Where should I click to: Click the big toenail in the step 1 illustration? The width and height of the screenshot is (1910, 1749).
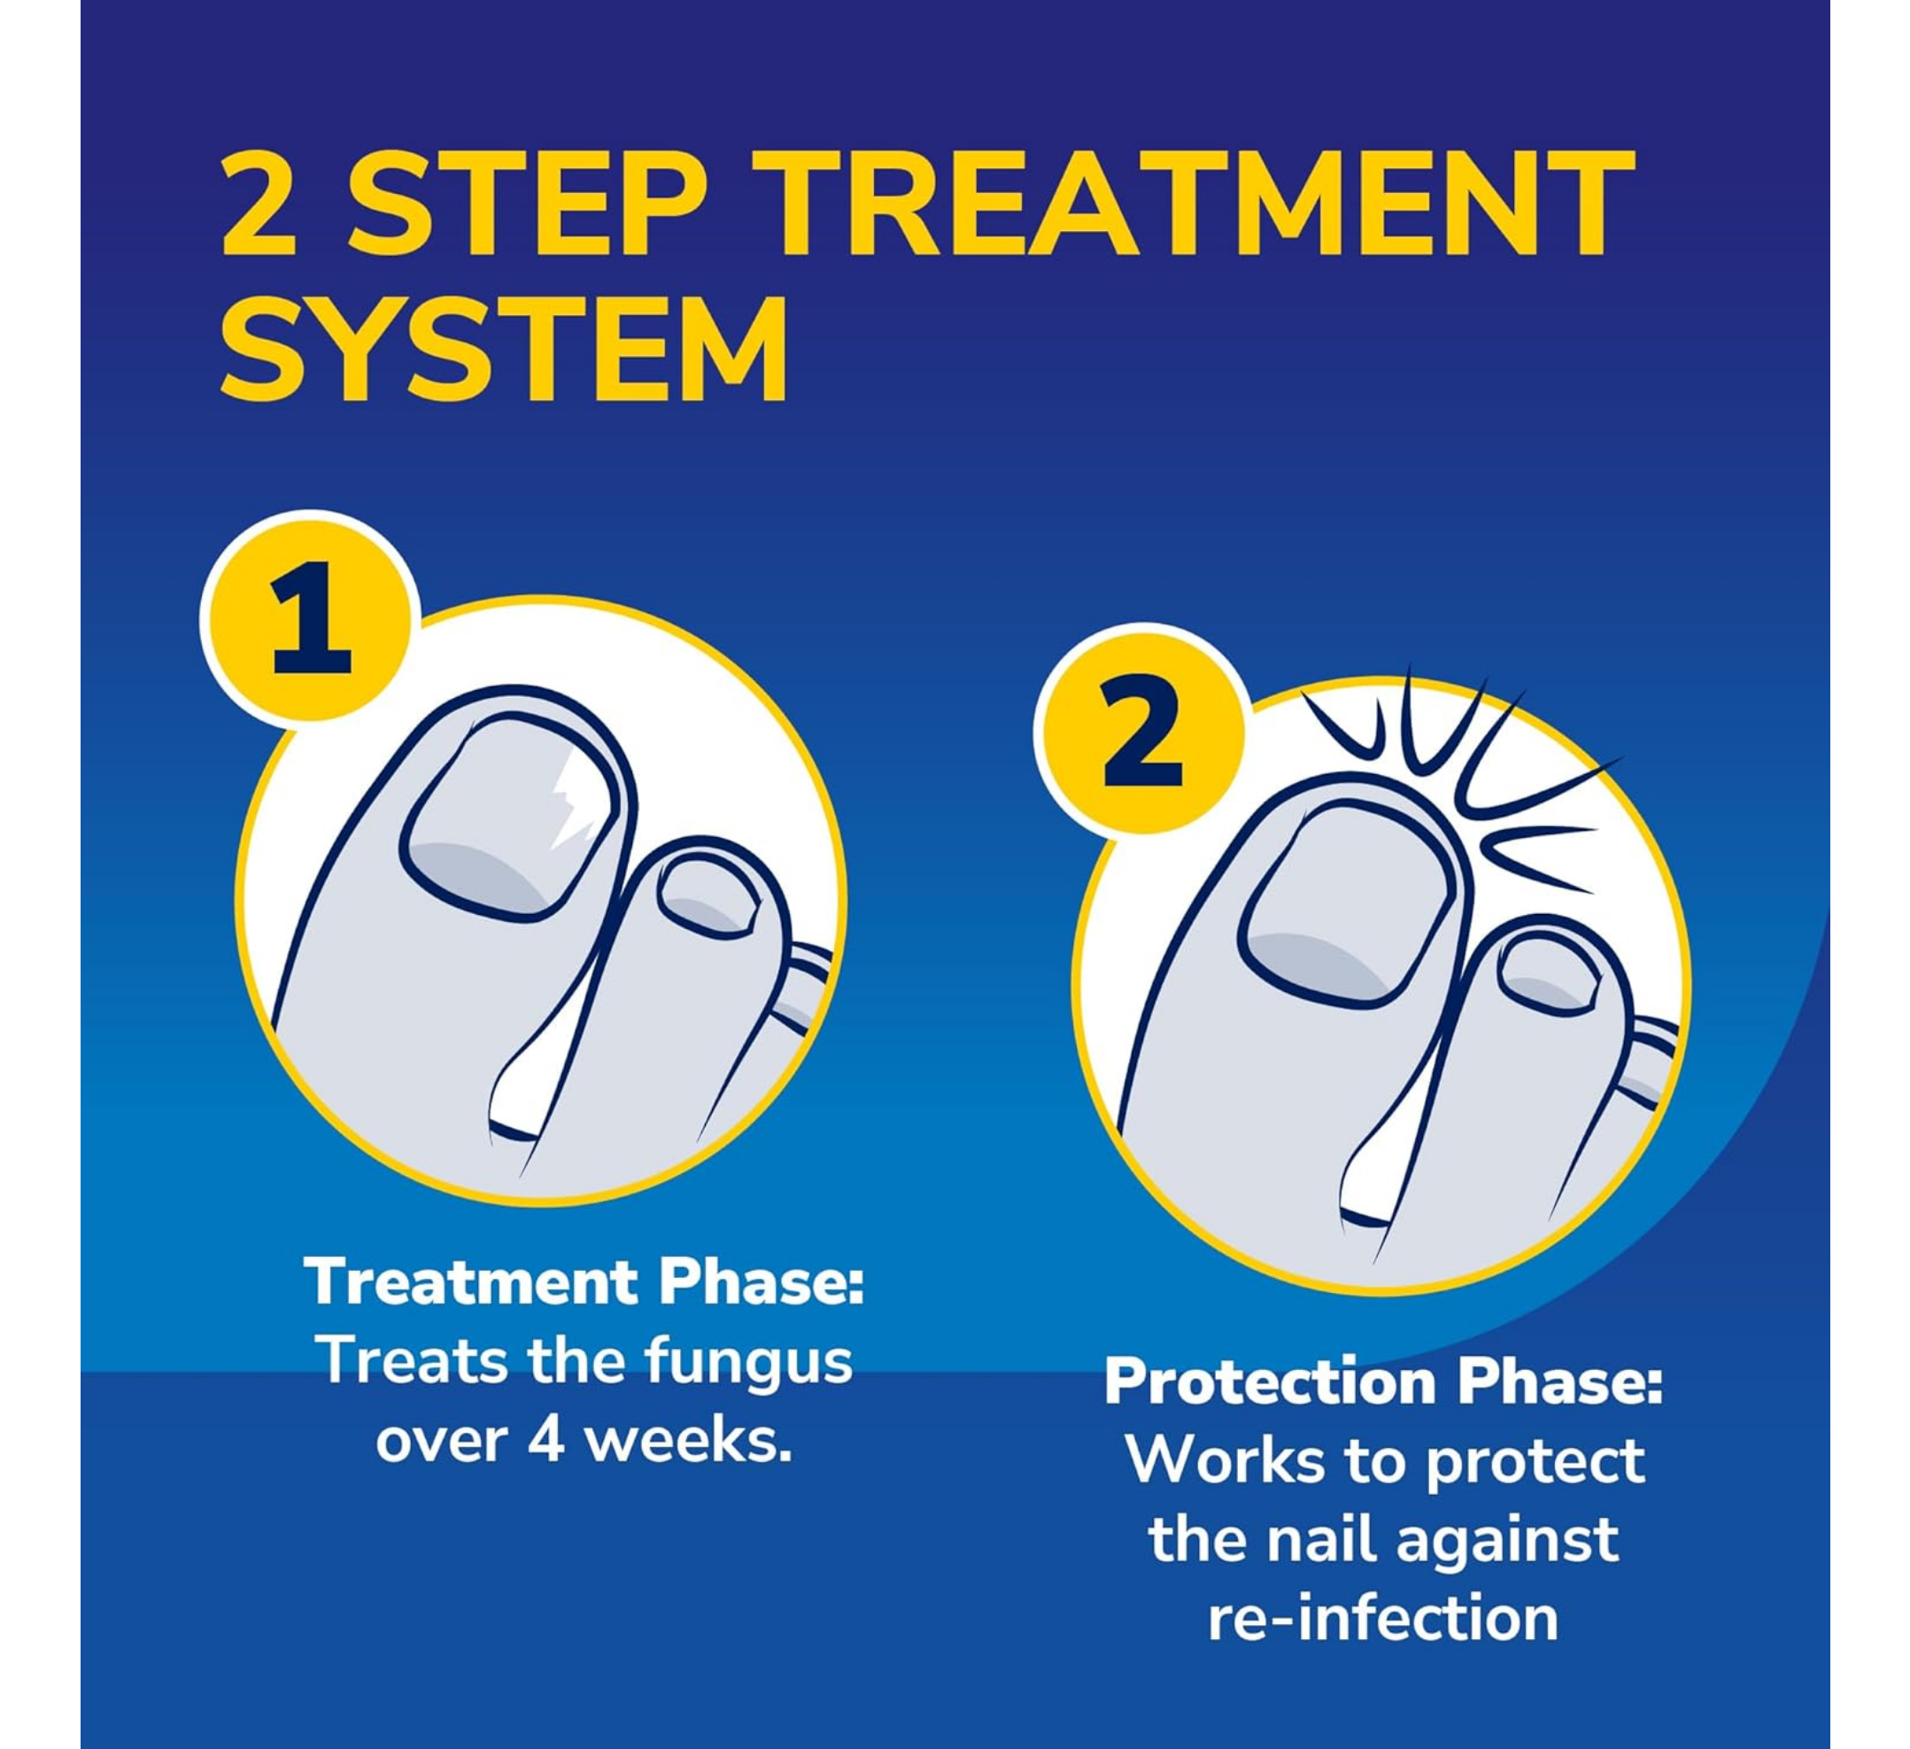[x=511, y=818]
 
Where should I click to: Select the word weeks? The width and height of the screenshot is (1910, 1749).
[x=688, y=1441]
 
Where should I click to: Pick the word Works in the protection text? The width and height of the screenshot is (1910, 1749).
[x=1226, y=1460]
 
